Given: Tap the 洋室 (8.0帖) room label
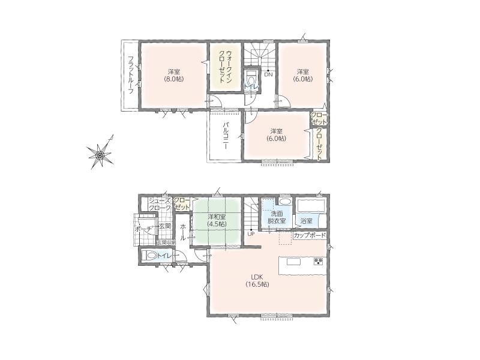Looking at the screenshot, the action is (x=174, y=76).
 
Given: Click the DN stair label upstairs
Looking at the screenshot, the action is (x=268, y=74).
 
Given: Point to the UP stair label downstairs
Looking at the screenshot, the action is (x=251, y=234).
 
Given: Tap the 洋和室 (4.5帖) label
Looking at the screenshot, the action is (x=217, y=220).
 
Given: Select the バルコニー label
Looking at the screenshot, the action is (x=226, y=136).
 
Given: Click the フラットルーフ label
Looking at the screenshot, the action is (x=131, y=75).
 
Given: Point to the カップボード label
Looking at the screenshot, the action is (x=310, y=236).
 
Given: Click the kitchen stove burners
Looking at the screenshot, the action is (x=319, y=261).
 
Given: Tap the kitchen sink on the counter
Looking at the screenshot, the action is (x=294, y=262).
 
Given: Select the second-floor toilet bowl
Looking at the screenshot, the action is (x=251, y=77).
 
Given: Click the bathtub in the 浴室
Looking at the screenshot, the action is (x=310, y=205).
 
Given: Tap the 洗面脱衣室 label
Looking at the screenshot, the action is (x=277, y=217).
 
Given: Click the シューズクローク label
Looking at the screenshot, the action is (x=160, y=204).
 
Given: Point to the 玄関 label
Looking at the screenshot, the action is (x=164, y=227).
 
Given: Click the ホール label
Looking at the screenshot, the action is (x=183, y=232).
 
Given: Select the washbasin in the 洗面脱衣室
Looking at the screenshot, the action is (x=286, y=202).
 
